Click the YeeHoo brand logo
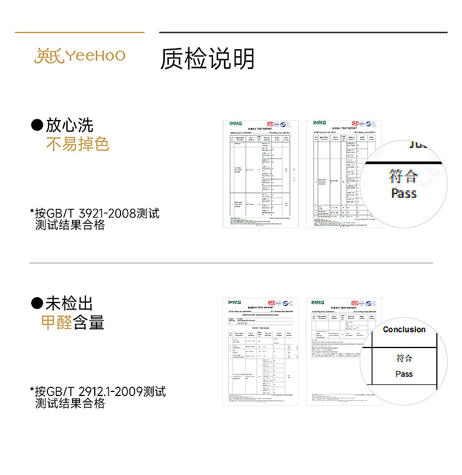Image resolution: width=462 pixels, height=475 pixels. pos(80,56)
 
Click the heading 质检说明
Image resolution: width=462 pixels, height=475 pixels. pos(208,58)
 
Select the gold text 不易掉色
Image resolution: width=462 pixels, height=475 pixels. pos(77,144)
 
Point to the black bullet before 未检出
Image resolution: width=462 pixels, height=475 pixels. pos(37,303)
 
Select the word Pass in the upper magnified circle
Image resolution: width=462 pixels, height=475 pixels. pos(404,192)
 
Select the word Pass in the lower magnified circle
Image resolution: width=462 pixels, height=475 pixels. pos(404,374)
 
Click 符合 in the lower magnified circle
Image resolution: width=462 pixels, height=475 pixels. pos(404,358)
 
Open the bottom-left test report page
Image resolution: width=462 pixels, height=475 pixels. pos(260,351)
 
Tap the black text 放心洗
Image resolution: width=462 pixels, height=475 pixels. pos(70,125)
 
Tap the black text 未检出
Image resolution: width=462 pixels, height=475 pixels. pos(70,303)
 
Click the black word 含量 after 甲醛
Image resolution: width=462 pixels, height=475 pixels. pos(89,322)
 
